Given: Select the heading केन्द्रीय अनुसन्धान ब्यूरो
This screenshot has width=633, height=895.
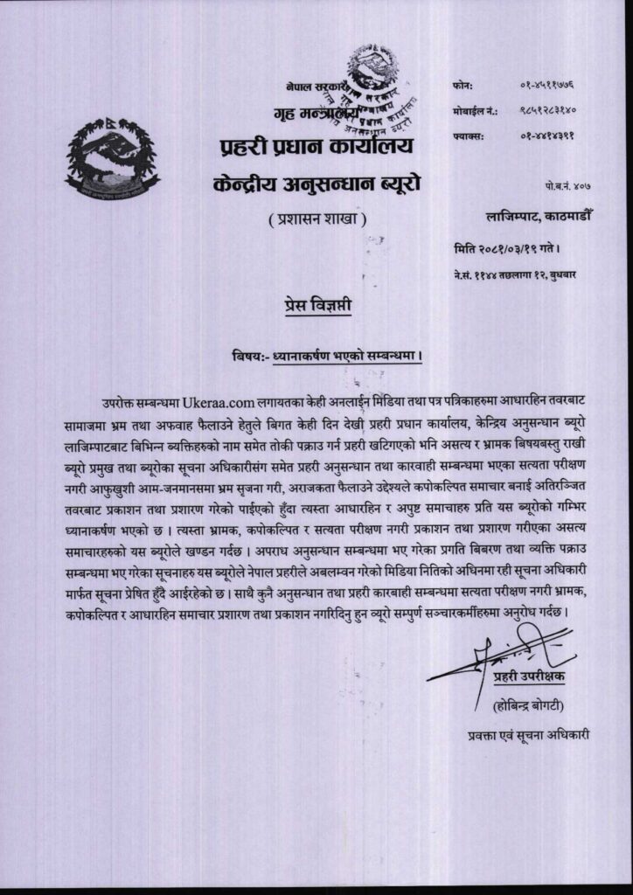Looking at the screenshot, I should click(x=316, y=184).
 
